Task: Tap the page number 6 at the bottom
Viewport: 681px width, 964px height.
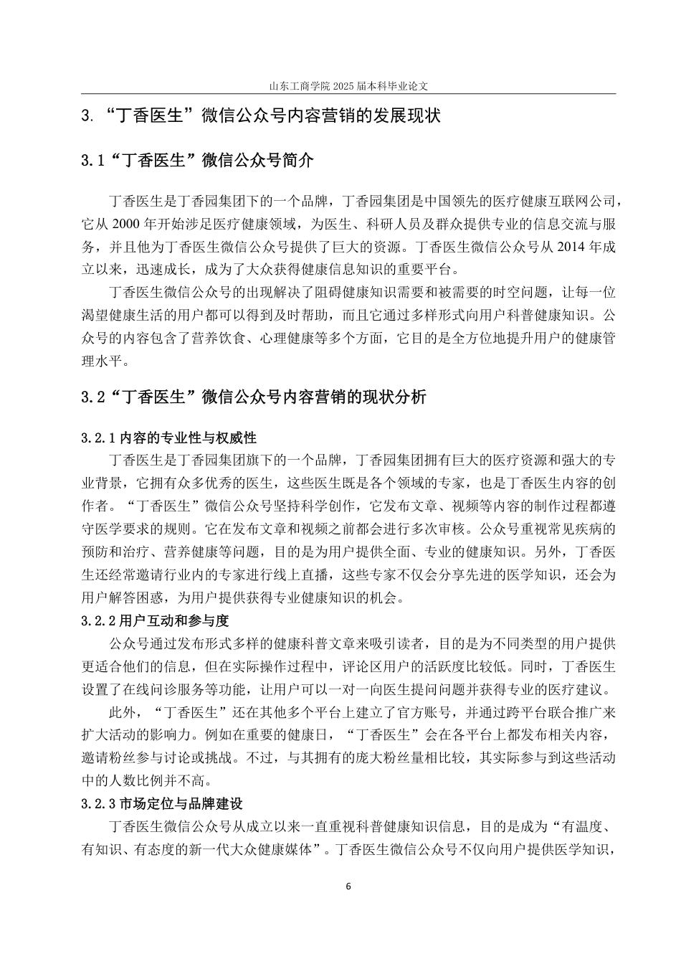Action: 348,886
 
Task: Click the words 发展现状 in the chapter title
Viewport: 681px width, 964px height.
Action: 409,115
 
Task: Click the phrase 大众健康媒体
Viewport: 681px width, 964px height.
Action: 270,850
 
